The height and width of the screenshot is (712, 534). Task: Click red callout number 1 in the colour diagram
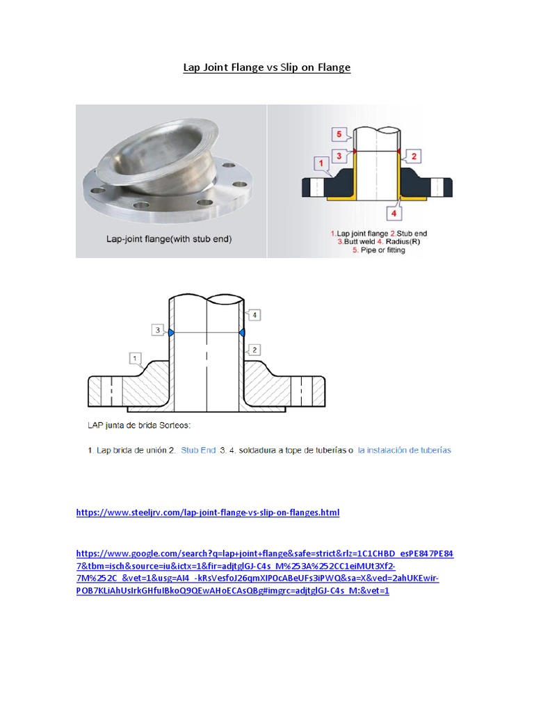(x=321, y=164)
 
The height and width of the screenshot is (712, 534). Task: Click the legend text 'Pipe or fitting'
(x=381, y=250)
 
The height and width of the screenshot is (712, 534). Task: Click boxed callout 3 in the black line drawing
(x=158, y=330)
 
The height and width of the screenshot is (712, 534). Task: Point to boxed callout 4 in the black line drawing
(x=254, y=315)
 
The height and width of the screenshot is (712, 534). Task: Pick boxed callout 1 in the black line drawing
(x=132, y=357)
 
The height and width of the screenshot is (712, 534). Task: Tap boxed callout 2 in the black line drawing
(x=255, y=349)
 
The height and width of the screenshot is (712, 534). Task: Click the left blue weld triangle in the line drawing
(x=170, y=334)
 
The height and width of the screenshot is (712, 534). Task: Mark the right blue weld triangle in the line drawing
(x=241, y=334)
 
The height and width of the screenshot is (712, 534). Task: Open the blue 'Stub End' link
(x=198, y=450)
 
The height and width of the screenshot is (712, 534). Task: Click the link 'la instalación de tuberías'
(x=404, y=450)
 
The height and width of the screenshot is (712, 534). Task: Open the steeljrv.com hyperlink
(x=207, y=513)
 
